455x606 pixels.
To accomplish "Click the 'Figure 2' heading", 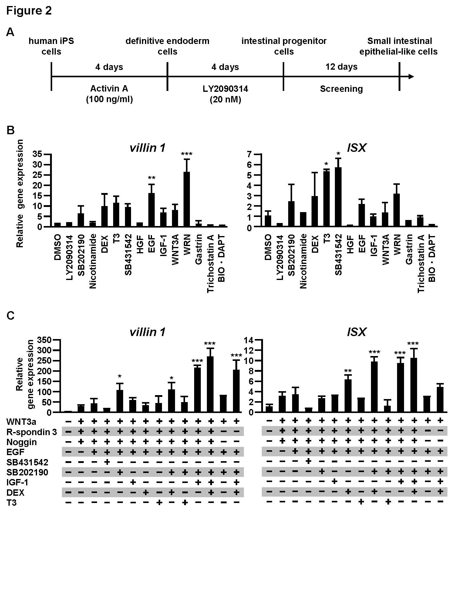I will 29,11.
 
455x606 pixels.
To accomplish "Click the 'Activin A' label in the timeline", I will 109,89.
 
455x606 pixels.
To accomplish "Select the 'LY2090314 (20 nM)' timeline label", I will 225,94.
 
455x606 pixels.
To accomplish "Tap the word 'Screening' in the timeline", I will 341,89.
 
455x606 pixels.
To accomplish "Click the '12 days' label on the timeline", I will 341,67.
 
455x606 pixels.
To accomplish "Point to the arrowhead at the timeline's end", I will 411,77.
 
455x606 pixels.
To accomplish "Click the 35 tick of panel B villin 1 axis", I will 38,154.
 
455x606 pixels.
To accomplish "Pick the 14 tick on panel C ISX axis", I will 249,340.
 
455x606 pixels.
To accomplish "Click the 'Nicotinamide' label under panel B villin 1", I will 93,261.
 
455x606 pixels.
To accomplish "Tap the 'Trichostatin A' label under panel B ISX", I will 421,263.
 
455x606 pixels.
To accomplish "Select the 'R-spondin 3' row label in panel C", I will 32,432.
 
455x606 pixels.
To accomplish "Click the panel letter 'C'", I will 10,316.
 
